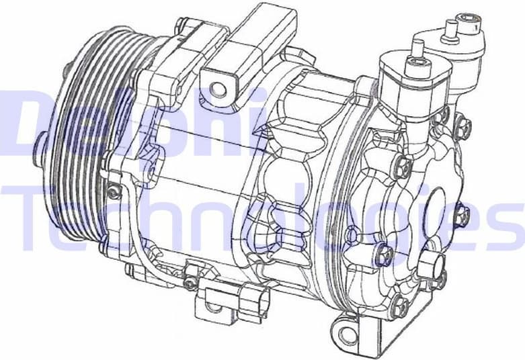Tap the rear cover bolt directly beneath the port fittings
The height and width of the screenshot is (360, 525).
coord(404,165)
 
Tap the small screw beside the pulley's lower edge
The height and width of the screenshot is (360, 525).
coord(115,193)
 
